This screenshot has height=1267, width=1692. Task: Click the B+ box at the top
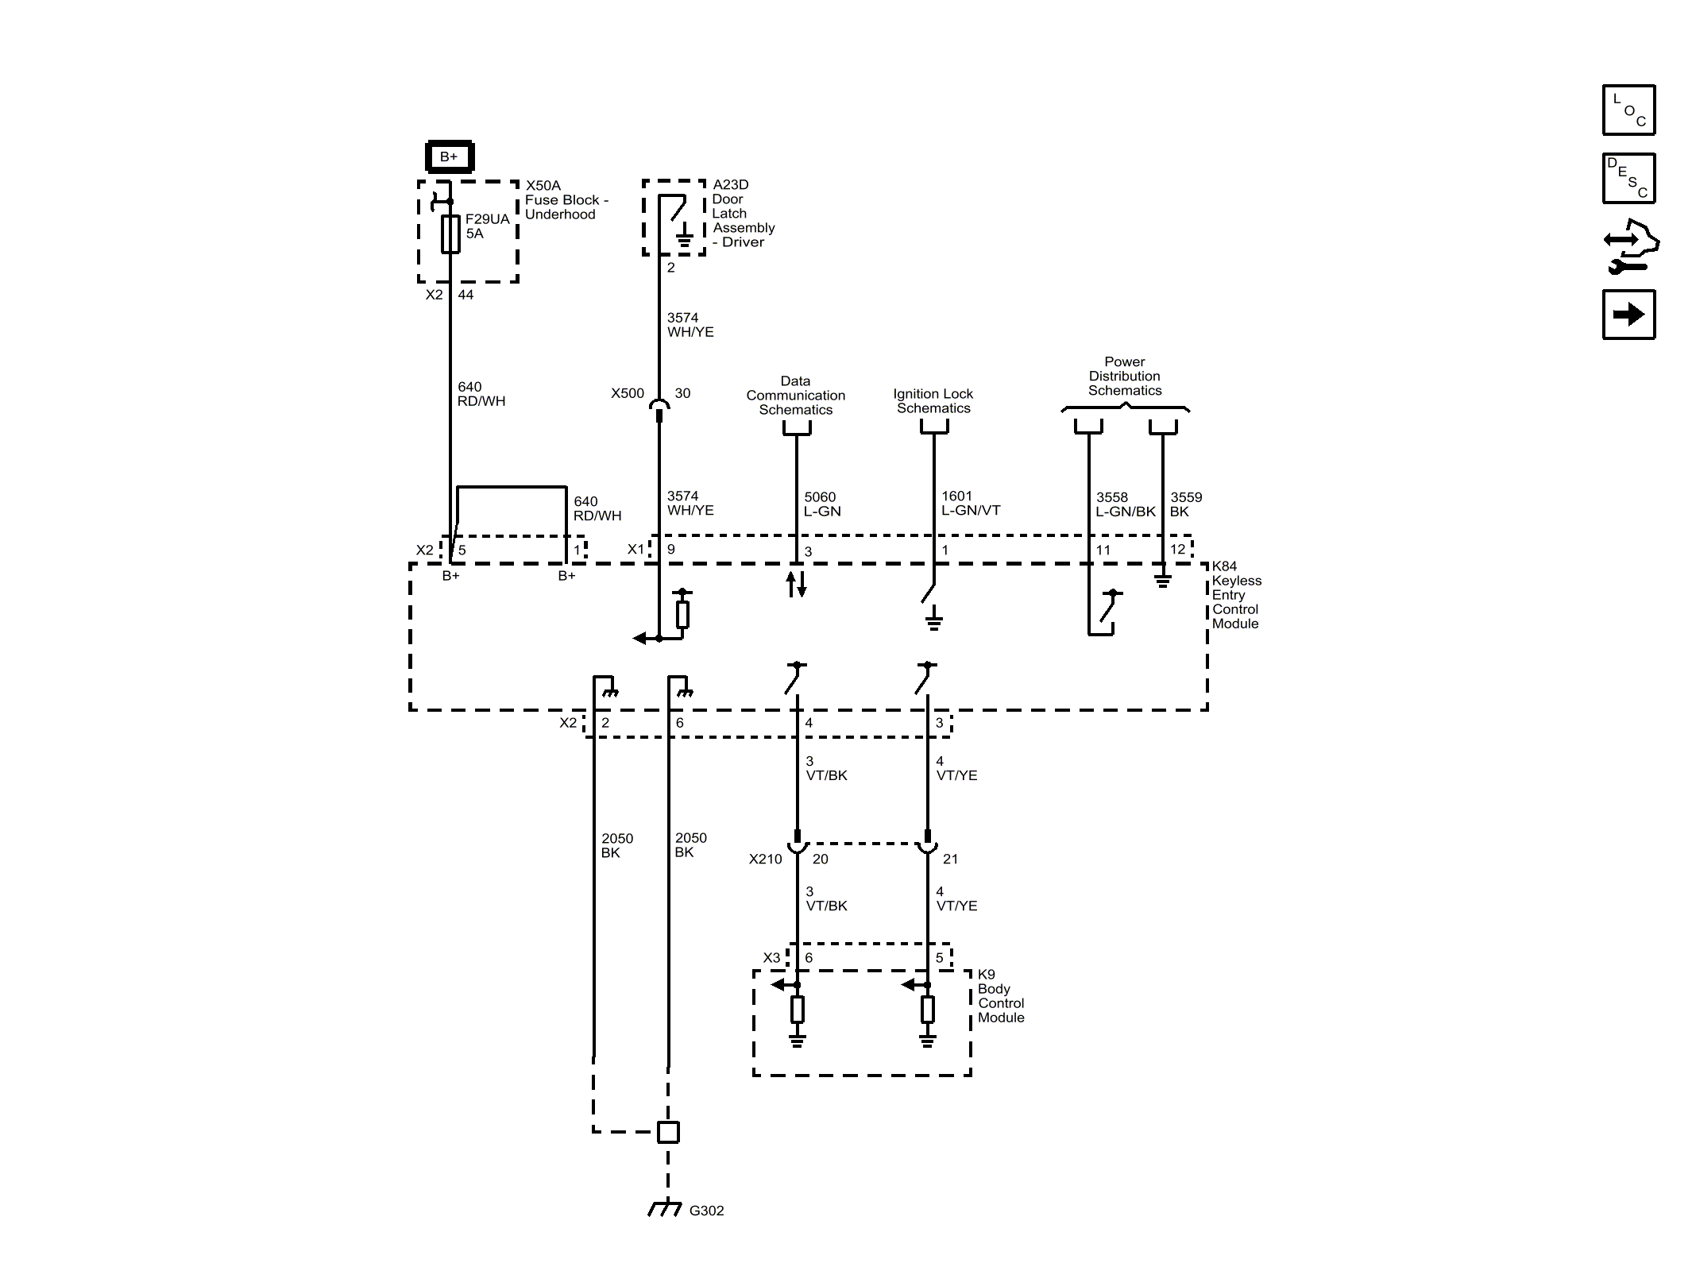[450, 156]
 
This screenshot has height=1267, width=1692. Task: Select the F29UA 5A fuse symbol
[450, 234]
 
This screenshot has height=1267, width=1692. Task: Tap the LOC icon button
[1628, 110]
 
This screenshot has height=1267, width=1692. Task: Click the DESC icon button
[1628, 179]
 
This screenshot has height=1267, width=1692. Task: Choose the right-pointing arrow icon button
[1628, 315]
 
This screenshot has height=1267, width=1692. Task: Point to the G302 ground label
[706, 1211]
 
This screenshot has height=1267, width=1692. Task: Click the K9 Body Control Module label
[1000, 996]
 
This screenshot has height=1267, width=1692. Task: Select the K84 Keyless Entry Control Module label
[1236, 595]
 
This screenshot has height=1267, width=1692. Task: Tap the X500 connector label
[627, 393]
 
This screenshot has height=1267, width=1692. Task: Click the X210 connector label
[765, 859]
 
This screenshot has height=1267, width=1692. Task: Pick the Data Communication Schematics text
[795, 396]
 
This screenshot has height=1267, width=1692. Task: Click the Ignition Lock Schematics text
[933, 401]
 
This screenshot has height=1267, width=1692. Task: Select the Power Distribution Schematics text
[1124, 377]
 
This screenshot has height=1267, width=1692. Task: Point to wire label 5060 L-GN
[821, 504]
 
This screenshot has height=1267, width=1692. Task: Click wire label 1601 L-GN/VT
[970, 503]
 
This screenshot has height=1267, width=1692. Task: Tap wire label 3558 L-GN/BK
[1125, 504]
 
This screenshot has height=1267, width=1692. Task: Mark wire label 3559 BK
[1185, 504]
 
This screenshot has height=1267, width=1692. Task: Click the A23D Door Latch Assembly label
[743, 213]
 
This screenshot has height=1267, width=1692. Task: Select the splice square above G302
[668, 1132]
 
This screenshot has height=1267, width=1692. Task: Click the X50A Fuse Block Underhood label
[566, 199]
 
